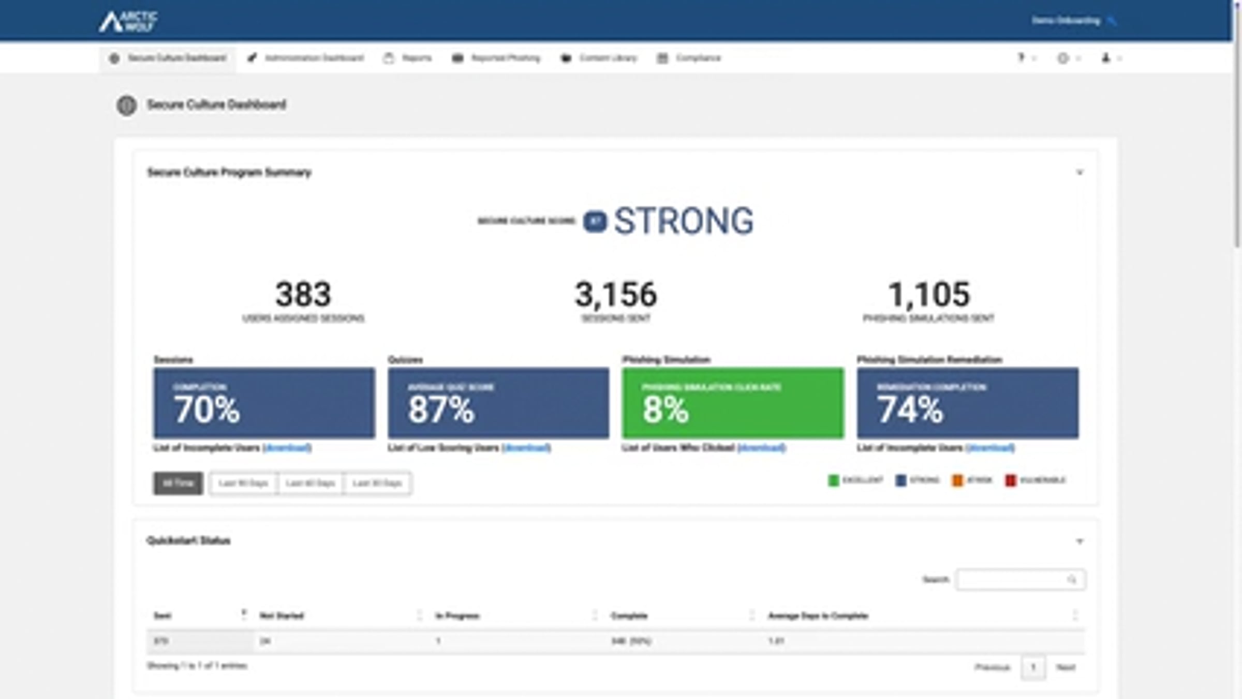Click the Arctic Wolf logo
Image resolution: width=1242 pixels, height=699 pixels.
pyautogui.click(x=128, y=22)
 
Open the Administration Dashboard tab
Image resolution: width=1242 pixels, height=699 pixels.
pyautogui.click(x=306, y=58)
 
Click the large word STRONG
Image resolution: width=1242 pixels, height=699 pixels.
pyautogui.click(x=683, y=221)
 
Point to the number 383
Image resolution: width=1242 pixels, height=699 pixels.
pyautogui.click(x=303, y=294)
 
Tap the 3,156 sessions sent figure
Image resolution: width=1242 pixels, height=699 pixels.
pyautogui.click(x=616, y=294)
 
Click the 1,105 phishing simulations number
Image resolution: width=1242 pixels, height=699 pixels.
pyautogui.click(x=929, y=294)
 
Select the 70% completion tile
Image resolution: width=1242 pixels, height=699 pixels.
pyautogui.click(x=264, y=403)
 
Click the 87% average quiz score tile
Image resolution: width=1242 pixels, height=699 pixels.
pyautogui.click(x=498, y=403)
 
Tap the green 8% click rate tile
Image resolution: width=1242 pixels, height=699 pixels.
pyautogui.click(x=733, y=403)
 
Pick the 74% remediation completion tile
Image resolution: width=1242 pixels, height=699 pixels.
pyautogui.click(x=968, y=403)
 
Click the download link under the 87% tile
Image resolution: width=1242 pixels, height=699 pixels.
pyautogui.click(x=526, y=448)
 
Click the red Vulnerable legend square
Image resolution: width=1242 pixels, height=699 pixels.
pyautogui.click(x=1010, y=480)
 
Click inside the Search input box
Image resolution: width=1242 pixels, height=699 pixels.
pyautogui.click(x=1012, y=580)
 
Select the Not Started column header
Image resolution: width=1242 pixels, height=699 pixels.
pyautogui.click(x=282, y=616)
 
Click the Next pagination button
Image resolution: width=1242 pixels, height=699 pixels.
pyautogui.click(x=1066, y=667)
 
